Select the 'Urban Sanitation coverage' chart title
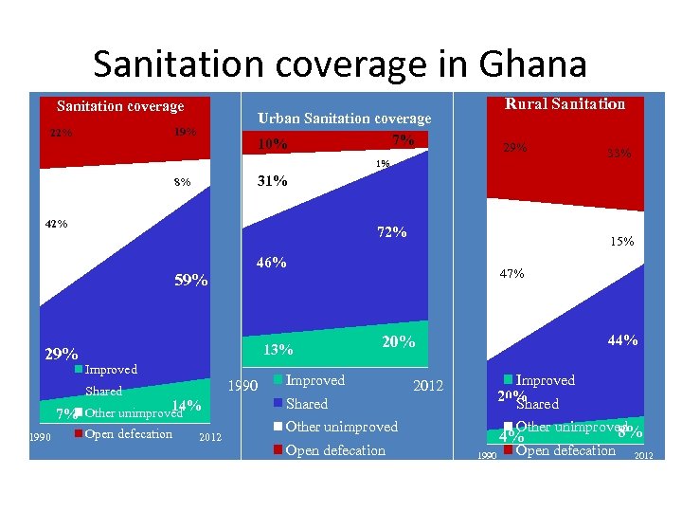click(344, 119)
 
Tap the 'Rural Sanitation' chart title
click(565, 103)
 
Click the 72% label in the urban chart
click(392, 232)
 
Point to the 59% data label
click(191, 280)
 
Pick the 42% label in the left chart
click(56, 225)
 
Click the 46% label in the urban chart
click(272, 263)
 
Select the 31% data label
click(273, 181)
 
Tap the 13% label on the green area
click(278, 350)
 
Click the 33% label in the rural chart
click(619, 152)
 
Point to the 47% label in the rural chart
click(513, 274)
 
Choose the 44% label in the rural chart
click(622, 340)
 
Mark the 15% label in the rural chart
click(621, 242)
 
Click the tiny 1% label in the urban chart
click(382, 164)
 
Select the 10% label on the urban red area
click(273, 145)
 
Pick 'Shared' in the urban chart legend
click(306, 404)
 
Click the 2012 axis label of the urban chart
click(428, 386)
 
